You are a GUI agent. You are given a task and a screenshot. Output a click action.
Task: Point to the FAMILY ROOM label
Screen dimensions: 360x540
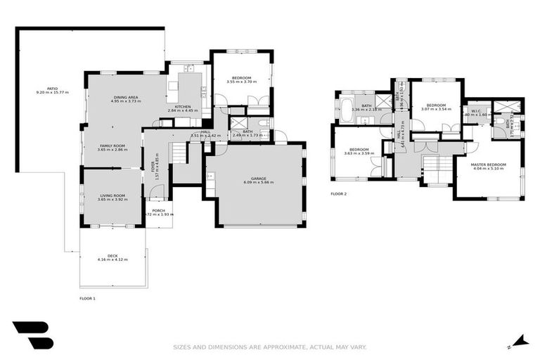[x=110, y=146]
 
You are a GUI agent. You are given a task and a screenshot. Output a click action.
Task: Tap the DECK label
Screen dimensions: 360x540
[x=112, y=256]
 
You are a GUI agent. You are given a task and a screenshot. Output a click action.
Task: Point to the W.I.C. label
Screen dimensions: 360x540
[x=475, y=111]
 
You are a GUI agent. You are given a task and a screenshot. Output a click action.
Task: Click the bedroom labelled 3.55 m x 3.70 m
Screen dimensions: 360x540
[x=240, y=78]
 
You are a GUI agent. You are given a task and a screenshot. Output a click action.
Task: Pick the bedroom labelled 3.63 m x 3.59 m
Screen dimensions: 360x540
[x=359, y=150]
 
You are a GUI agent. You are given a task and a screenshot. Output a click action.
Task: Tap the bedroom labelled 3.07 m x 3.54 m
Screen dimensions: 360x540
[x=436, y=105]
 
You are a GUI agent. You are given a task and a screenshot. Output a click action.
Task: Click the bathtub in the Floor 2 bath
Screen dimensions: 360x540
[x=349, y=109]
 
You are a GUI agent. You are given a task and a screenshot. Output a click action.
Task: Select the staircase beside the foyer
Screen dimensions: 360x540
[x=180, y=153]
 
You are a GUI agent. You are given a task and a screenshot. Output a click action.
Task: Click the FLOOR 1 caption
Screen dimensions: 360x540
[x=87, y=299]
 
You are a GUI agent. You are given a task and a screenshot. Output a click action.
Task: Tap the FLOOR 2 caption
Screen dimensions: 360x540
[x=338, y=194]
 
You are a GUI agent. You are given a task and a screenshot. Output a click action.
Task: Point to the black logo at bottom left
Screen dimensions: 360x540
[x=32, y=335]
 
